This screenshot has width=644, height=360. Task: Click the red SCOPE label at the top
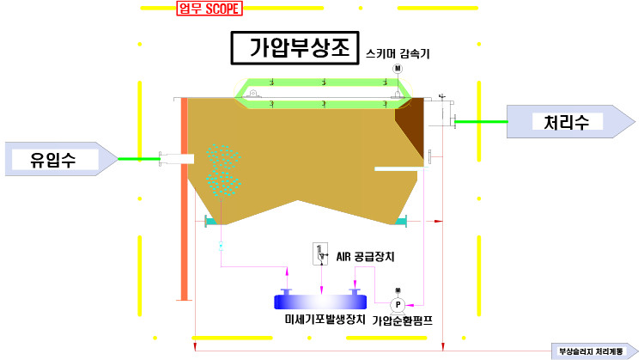(x=210, y=9)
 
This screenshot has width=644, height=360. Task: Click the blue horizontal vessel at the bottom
(x=320, y=302)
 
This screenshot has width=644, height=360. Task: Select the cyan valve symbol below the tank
(x=221, y=247)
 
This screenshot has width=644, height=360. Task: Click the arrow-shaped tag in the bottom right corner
(x=594, y=351)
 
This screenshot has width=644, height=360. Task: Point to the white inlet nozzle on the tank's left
(x=178, y=159)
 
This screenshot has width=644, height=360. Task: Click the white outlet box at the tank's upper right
(x=437, y=113)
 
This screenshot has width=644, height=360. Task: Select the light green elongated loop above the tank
(x=323, y=93)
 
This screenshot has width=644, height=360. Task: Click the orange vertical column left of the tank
(x=184, y=198)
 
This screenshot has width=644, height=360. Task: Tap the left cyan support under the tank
(x=211, y=222)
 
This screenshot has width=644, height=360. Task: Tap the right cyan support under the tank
(x=401, y=222)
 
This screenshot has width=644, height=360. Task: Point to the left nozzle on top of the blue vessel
(x=287, y=292)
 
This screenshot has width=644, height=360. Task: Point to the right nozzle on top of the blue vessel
(x=354, y=292)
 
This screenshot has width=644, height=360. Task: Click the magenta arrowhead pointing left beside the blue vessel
(x=410, y=304)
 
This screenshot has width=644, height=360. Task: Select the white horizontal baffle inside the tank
(x=400, y=168)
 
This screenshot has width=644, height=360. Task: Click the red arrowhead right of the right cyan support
(x=438, y=222)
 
